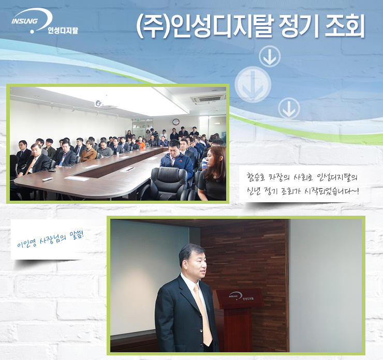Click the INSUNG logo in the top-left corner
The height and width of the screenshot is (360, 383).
45,22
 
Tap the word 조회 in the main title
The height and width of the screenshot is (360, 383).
344,26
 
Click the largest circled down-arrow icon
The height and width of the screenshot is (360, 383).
253,84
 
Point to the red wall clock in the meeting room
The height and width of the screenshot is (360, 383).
176,122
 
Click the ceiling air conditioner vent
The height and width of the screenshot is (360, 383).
208,99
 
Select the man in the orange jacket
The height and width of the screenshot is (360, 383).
141,143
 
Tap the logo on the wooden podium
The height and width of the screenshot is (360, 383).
241,296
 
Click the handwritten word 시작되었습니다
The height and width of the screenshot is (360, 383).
332,191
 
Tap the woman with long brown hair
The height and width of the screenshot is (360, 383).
212,173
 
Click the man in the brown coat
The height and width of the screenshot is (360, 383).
89,152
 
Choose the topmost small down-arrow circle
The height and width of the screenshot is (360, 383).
270,56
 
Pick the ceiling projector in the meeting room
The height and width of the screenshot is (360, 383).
99,103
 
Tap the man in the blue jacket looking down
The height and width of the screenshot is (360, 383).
176,159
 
